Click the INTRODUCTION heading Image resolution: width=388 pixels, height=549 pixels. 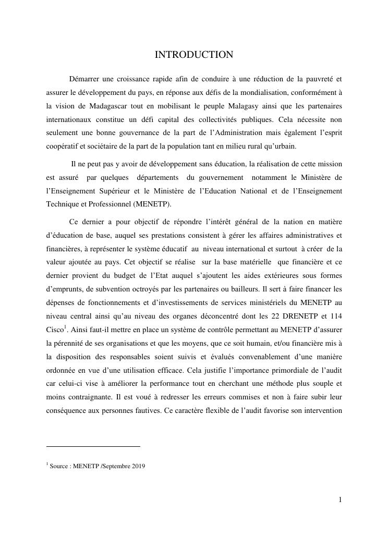click(x=193, y=55)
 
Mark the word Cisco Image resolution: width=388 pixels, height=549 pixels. click(x=55, y=330)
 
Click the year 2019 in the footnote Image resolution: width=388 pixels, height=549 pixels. click(x=139, y=466)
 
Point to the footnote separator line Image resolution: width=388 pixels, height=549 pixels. click(x=93, y=446)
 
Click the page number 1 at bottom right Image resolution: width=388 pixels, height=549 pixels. click(x=340, y=500)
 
